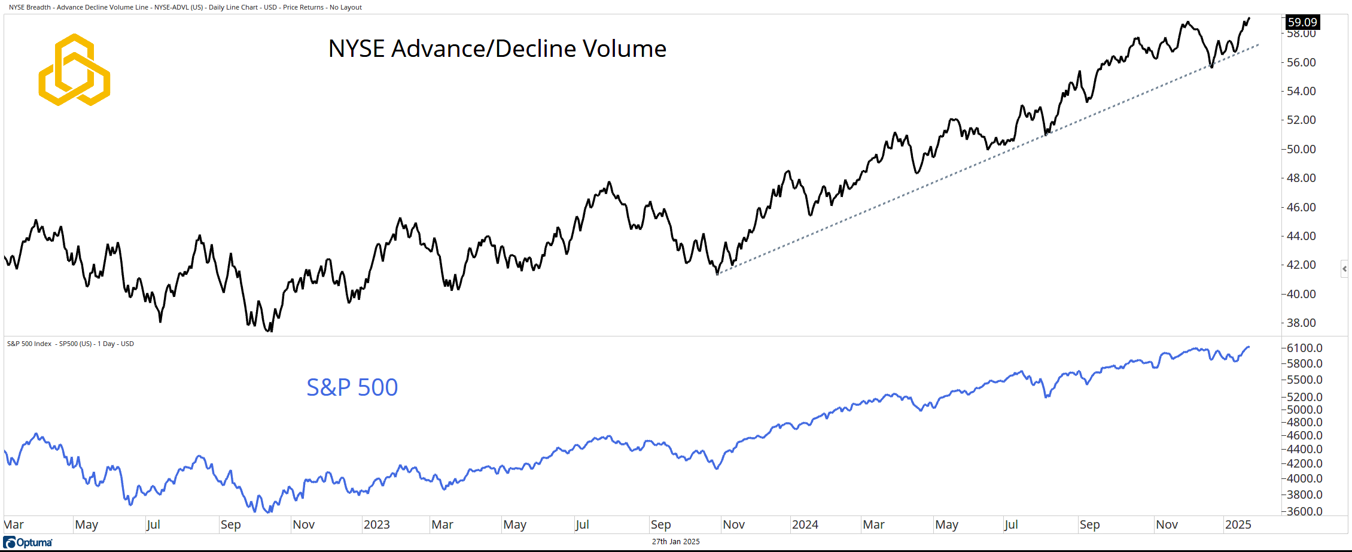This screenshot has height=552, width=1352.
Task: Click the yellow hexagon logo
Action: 74,69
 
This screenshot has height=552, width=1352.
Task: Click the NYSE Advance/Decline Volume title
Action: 497,48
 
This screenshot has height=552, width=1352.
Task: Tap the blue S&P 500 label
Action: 352,387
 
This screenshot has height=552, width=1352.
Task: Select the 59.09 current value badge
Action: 1302,22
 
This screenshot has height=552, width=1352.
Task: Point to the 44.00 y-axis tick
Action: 1301,236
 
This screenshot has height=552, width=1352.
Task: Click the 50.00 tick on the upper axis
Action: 1301,149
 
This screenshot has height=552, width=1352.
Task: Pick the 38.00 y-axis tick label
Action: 1301,323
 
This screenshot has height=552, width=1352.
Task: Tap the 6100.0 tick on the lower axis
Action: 1304,348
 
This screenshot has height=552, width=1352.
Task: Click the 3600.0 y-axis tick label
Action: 1304,511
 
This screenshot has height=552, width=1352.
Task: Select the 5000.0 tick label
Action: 1304,410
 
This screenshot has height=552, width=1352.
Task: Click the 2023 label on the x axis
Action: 377,524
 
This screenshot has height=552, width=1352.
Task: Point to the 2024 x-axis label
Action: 805,524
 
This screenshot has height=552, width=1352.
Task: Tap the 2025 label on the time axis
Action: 1238,524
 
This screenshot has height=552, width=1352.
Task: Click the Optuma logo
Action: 28,542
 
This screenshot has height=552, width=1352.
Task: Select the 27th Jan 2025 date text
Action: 675,542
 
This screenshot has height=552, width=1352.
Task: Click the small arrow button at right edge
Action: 1344,269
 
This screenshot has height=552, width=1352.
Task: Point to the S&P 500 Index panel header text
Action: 71,344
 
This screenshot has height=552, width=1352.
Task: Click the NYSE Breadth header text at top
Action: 185,7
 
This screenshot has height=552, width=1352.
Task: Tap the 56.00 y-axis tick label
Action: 1301,62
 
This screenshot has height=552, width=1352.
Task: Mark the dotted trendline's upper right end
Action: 1258,45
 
